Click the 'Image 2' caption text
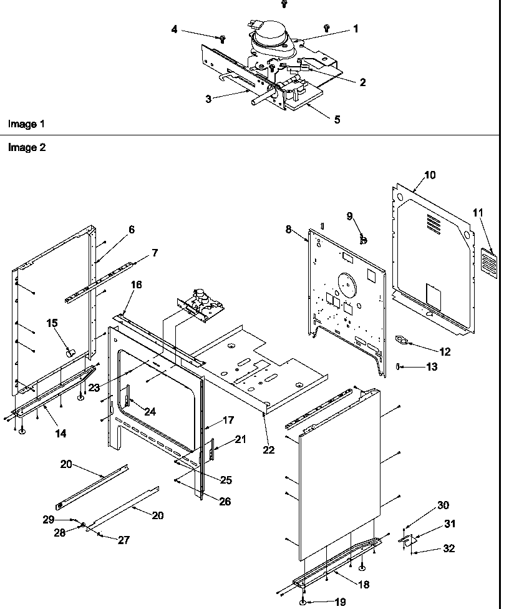(x=26, y=148)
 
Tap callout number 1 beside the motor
(x=356, y=29)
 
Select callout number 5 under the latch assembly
(x=337, y=119)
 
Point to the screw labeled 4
(x=221, y=39)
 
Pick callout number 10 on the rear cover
(x=430, y=175)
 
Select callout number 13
(x=432, y=367)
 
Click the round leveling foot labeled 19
(x=303, y=602)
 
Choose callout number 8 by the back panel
(x=289, y=229)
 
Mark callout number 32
(x=448, y=548)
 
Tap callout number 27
(x=124, y=540)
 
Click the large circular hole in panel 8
(x=342, y=280)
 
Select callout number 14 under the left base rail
(x=61, y=433)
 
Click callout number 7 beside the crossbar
(x=154, y=253)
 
